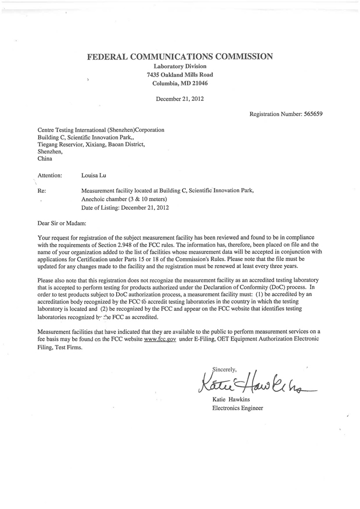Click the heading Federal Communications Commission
(x=180, y=57)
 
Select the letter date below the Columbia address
(x=180, y=99)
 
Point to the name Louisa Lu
(x=94, y=176)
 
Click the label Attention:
(x=49, y=176)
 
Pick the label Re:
(x=42, y=190)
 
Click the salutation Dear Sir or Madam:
(x=62, y=223)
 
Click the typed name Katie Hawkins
(x=230, y=400)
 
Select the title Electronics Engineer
(x=238, y=408)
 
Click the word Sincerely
(x=225, y=369)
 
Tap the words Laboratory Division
(x=180, y=66)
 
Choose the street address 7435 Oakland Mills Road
(x=180, y=74)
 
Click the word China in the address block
(x=45, y=159)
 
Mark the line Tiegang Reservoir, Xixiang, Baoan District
(x=91, y=144)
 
